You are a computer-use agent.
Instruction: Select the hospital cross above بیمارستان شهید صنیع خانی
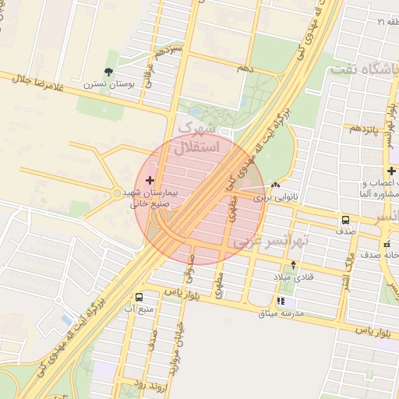coord(150,180)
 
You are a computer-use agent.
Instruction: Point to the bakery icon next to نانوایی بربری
coord(277,185)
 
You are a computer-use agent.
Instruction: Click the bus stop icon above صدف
coord(344,220)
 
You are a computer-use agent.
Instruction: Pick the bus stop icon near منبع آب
coord(139,297)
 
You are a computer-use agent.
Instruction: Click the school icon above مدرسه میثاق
coord(281,302)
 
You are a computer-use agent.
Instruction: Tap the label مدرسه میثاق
coord(281,313)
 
